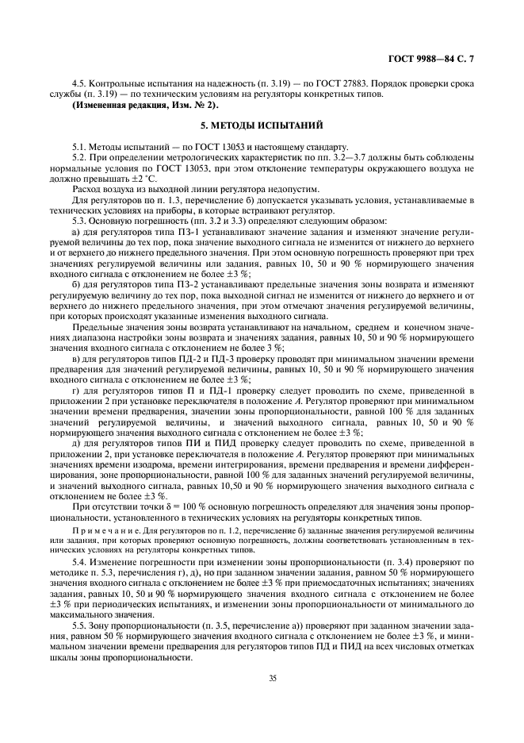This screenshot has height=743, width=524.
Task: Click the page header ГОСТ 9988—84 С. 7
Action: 443,59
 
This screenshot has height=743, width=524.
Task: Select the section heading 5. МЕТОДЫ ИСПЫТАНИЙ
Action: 262,125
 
